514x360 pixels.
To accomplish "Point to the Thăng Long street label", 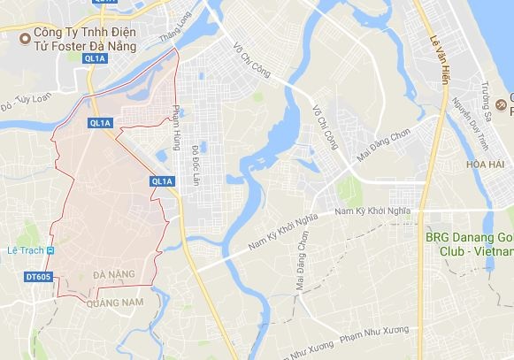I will (173, 41).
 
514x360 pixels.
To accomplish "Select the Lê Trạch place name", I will (24, 250).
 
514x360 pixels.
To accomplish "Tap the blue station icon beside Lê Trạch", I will (51, 250).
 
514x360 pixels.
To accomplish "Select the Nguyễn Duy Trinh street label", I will (470, 125).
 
